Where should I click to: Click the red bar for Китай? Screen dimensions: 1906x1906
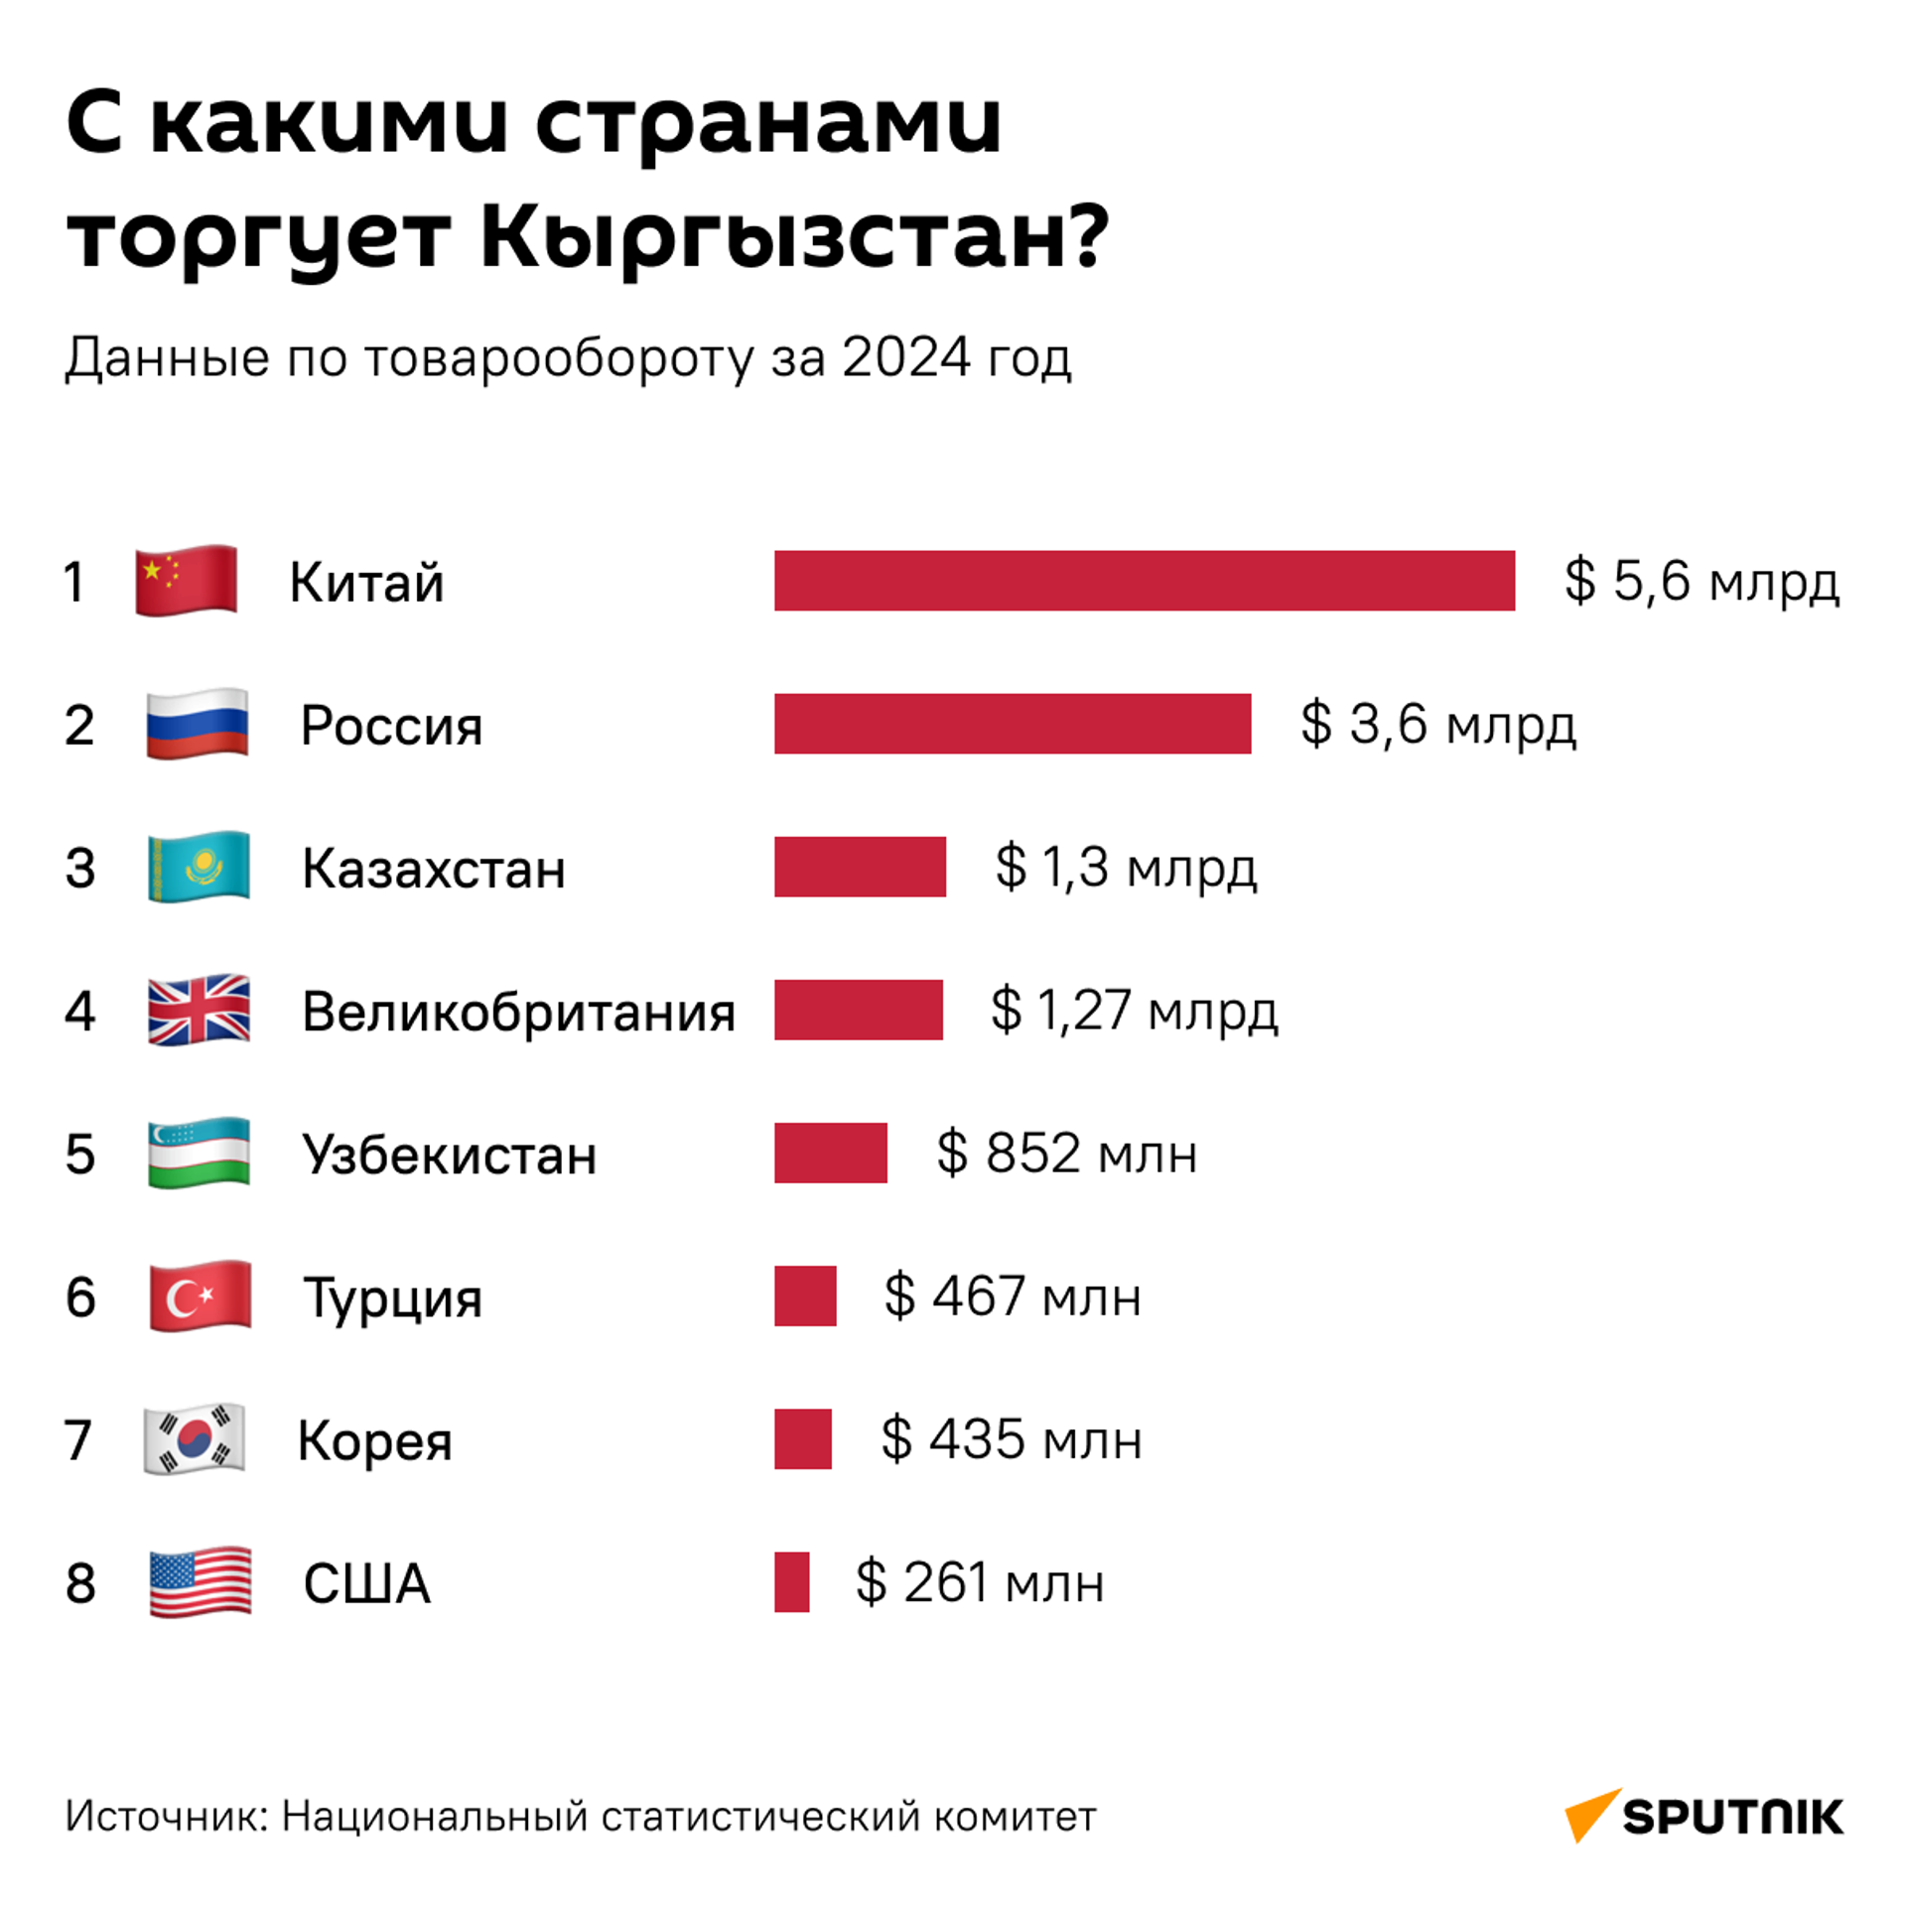pyautogui.click(x=1144, y=580)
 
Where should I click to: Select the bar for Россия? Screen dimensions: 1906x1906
pyautogui.click(x=1012, y=723)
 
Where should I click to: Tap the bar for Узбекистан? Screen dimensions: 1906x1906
pyautogui.click(x=830, y=1152)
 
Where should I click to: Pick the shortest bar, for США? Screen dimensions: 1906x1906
pyautogui.click(x=791, y=1581)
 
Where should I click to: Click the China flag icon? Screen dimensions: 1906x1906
pyautogui.click(x=186, y=580)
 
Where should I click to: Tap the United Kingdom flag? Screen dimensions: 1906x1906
pyautogui.click(x=199, y=1010)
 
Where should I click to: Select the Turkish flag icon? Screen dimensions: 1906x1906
pyautogui.click(x=200, y=1295)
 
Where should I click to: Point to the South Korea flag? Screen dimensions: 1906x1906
pyautogui.click(x=195, y=1438)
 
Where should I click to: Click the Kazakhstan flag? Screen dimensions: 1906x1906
pyautogui.click(x=199, y=867)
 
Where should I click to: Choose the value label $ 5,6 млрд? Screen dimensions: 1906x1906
pyautogui.click(x=1702, y=580)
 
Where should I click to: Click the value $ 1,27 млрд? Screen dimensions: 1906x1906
pyautogui.click(x=1134, y=1010)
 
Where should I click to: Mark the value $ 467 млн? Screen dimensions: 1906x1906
pyautogui.click(x=1013, y=1295)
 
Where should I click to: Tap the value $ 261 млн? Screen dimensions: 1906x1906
pyautogui.click(x=980, y=1581)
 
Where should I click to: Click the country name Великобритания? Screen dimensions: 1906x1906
pyautogui.click(x=518, y=1012)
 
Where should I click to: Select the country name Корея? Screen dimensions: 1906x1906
pyautogui.click(x=374, y=1440)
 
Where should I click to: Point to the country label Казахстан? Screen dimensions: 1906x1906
pyautogui.click(x=434, y=869)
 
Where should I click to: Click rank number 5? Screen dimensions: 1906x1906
pyautogui.click(x=80, y=1154)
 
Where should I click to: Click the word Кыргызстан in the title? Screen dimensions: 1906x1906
pyautogui.click(x=794, y=238)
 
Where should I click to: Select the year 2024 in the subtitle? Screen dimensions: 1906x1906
pyautogui.click(x=905, y=357)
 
